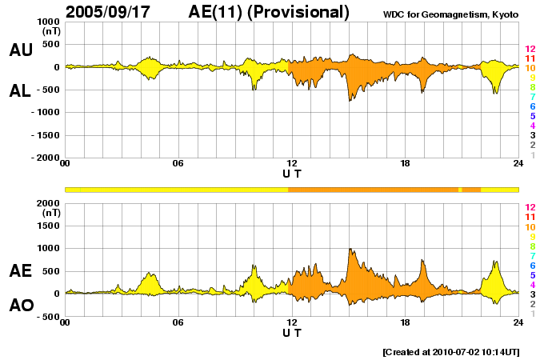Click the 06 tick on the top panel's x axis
178,165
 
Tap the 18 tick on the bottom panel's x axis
406,323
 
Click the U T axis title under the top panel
292,174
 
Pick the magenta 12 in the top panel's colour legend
530,49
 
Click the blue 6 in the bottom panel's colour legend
532,265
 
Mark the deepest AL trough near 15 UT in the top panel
350,99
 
